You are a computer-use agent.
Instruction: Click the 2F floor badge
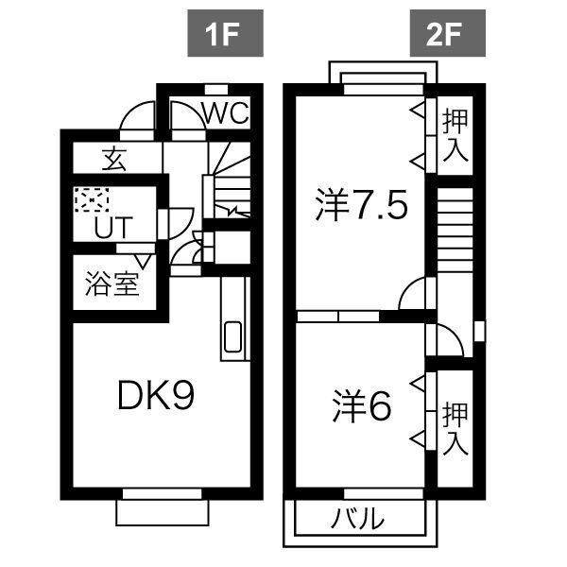pos(448,37)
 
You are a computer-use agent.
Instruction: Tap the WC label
pos(225,113)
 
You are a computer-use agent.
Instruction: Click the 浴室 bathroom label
pos(112,284)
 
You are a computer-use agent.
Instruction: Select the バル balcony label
pos(359,519)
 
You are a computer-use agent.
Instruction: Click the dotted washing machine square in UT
pos(92,200)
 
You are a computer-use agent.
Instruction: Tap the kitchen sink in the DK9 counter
pos(232,337)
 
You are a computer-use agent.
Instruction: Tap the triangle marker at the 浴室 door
pos(144,259)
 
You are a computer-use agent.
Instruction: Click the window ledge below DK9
pos(162,511)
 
